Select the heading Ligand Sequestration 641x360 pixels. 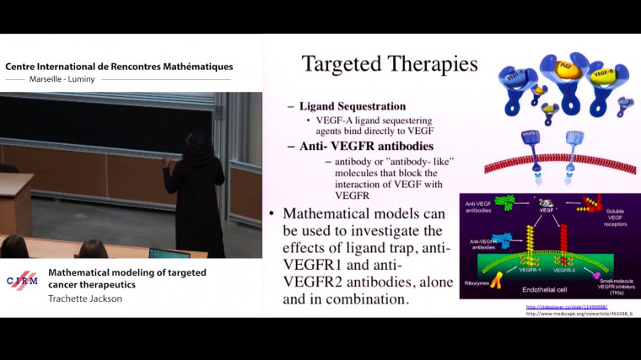pyautogui.click(x=353, y=107)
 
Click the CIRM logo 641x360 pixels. pyautogui.click(x=21, y=281)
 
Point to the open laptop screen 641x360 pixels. pyautogui.click(x=169, y=253)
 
